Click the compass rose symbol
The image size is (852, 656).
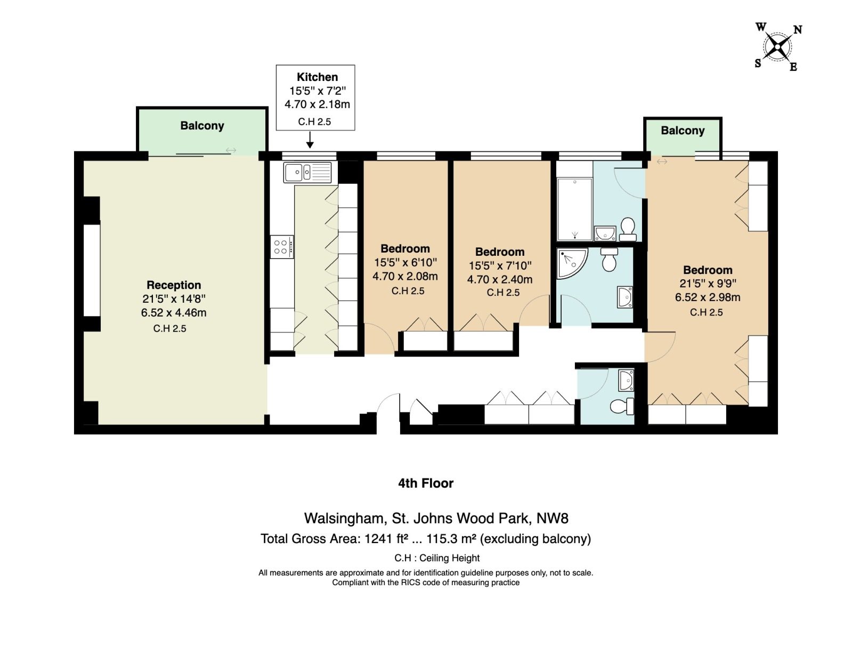pyautogui.click(x=777, y=47)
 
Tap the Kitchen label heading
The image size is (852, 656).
pyautogui.click(x=317, y=77)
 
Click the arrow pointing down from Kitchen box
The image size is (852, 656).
pyautogui.click(x=310, y=140)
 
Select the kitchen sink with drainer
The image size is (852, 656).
pyautogui.click(x=308, y=172)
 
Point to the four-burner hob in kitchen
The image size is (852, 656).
pyautogui.click(x=281, y=247)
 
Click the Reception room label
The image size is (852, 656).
pyautogui.click(x=174, y=285)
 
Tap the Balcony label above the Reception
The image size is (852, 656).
pyautogui.click(x=202, y=125)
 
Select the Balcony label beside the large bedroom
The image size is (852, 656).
pyautogui.click(x=683, y=131)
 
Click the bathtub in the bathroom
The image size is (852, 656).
pyautogui.click(x=574, y=209)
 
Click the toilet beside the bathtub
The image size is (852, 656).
pyautogui.click(x=628, y=229)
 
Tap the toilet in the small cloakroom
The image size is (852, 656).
pyautogui.click(x=622, y=406)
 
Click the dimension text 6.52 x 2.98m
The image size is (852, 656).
pyautogui.click(x=707, y=297)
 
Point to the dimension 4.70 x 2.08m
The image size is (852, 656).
pyautogui.click(x=405, y=276)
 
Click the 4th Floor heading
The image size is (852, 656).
pyautogui.click(x=426, y=483)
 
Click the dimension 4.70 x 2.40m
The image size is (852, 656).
pyautogui.click(x=499, y=279)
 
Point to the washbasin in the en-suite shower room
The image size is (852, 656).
pyautogui.click(x=624, y=297)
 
